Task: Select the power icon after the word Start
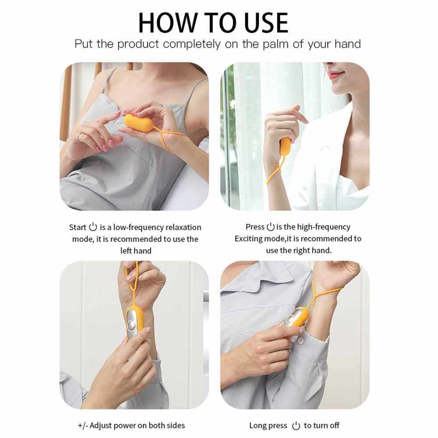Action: click(93, 227)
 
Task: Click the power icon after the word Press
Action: click(270, 226)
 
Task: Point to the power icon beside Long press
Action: click(296, 426)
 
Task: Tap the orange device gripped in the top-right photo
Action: click(285, 147)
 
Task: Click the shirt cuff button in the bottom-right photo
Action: click(300, 340)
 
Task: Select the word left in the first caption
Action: click(126, 251)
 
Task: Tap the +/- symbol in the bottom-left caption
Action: click(83, 425)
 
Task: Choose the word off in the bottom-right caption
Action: click(334, 425)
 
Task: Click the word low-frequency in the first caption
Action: click(138, 227)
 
